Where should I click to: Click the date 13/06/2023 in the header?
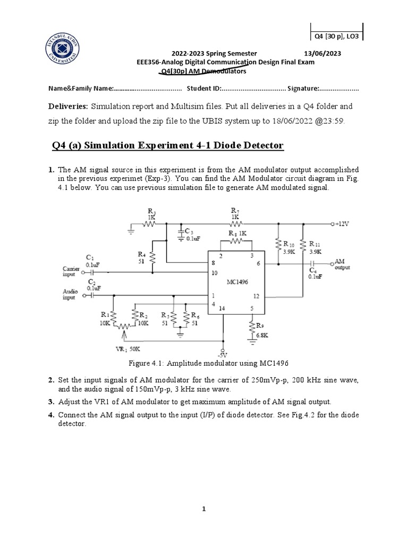322,53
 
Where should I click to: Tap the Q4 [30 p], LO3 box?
336,36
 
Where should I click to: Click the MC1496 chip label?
235,283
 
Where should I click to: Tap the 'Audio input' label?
70,295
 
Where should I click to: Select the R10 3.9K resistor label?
289,247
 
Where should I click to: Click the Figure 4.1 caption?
208,364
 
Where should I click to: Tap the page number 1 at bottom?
203,509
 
